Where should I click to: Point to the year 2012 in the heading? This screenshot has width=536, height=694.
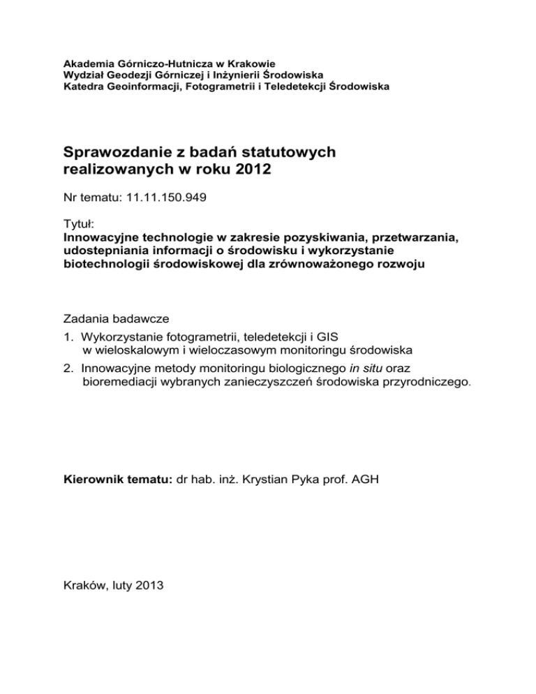pos(251,172)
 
